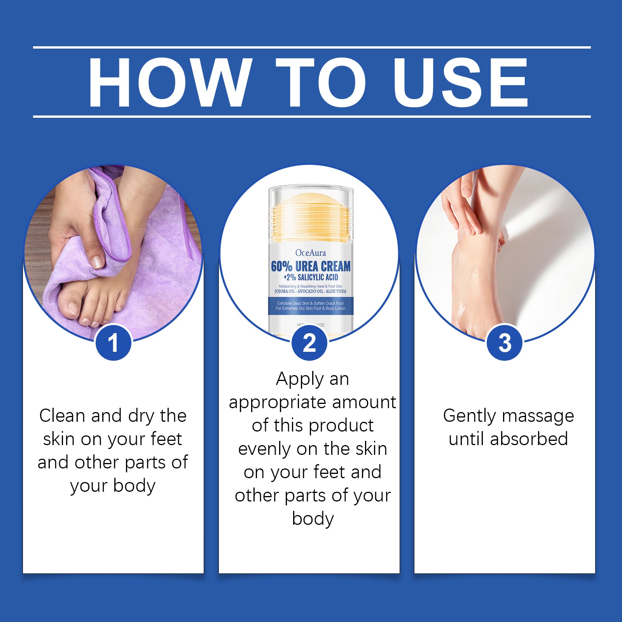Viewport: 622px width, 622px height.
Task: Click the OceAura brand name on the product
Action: [311, 253]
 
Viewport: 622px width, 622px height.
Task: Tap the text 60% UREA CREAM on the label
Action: [311, 267]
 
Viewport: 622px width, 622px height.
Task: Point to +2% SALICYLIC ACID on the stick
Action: [311, 278]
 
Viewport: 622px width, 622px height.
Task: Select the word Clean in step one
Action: [62, 416]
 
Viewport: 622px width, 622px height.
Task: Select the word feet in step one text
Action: [166, 439]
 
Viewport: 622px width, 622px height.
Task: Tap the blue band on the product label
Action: [311, 306]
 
